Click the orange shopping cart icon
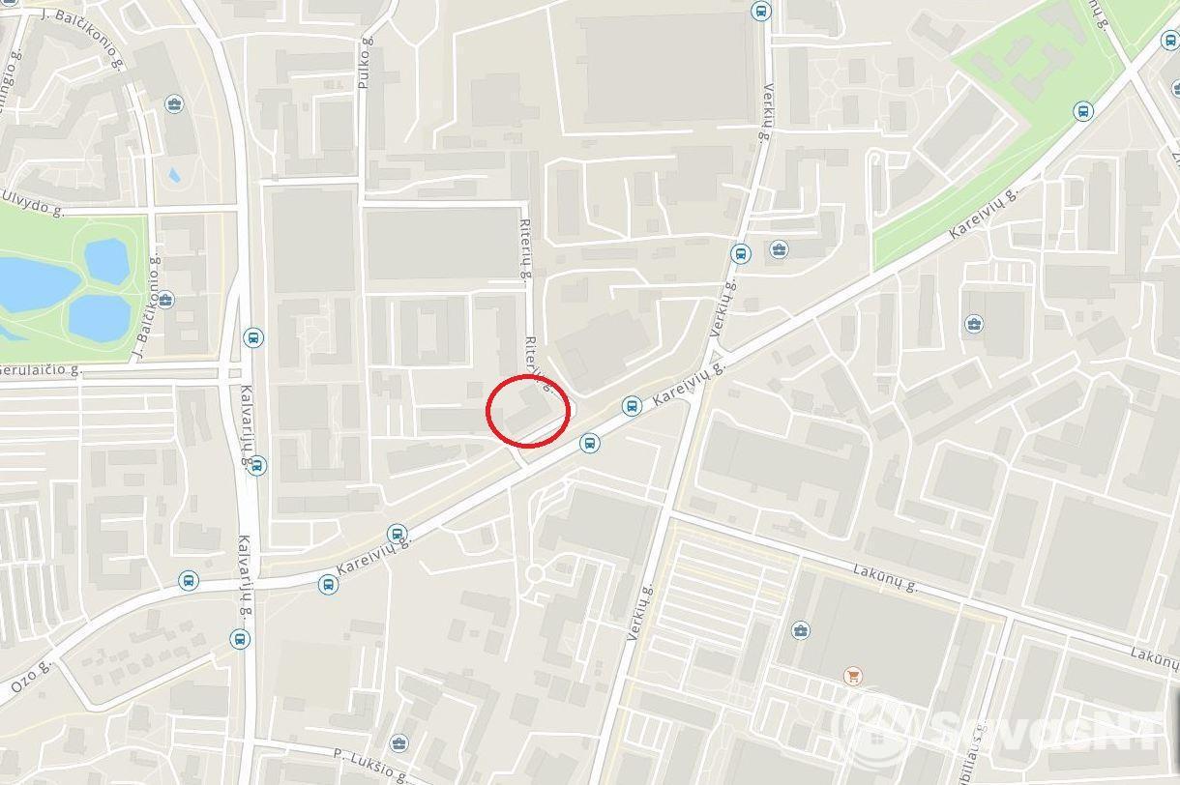pyautogui.click(x=852, y=676)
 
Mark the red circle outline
pyautogui.click(x=527, y=411)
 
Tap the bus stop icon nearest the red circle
pyautogui.click(x=589, y=444)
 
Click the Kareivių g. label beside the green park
pyautogui.click(x=984, y=214)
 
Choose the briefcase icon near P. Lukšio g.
pyautogui.click(x=398, y=743)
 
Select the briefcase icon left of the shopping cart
pyautogui.click(x=800, y=631)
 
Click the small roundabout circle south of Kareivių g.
pyautogui.click(x=534, y=575)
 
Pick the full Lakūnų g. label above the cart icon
pyautogui.click(x=885, y=579)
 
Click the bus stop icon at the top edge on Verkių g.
pyautogui.click(x=761, y=12)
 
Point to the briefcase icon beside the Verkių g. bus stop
pyautogui.click(x=779, y=250)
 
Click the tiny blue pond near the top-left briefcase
pyautogui.click(x=174, y=176)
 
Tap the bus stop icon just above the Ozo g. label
pyautogui.click(x=189, y=581)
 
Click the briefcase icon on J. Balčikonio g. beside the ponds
pyautogui.click(x=165, y=300)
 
